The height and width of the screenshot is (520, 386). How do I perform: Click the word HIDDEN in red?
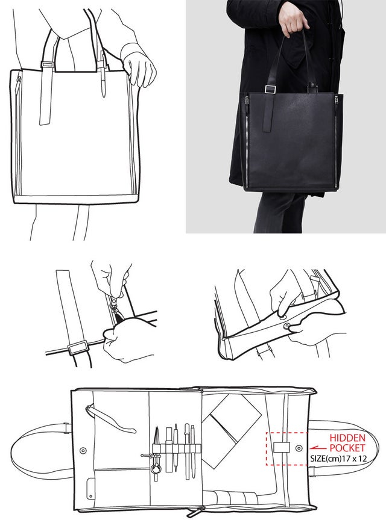[x=347, y=438]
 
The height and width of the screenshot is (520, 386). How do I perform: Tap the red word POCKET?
[x=347, y=448]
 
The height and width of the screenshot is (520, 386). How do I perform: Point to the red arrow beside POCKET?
[x=318, y=448]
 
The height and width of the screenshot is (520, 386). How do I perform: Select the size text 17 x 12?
[x=356, y=459]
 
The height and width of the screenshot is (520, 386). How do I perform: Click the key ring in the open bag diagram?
[x=155, y=469]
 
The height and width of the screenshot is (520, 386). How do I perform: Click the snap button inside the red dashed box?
[x=299, y=448]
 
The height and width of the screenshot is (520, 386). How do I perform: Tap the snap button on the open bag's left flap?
[x=83, y=451]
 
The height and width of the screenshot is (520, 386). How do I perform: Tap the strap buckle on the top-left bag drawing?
[x=48, y=64]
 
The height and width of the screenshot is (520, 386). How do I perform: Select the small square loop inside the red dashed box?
[x=281, y=447]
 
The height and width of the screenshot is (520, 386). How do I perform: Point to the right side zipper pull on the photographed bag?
[x=336, y=100]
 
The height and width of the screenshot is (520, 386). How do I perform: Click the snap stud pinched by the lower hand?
[x=287, y=326]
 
